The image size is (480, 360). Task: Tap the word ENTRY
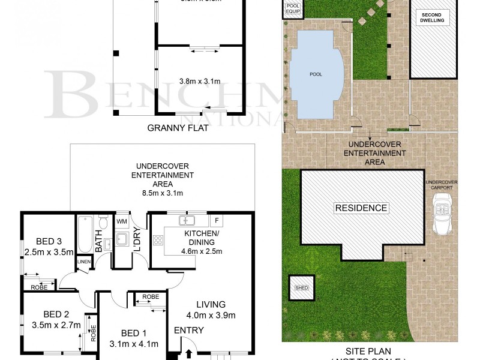(188, 330)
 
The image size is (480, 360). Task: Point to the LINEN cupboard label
(83, 262)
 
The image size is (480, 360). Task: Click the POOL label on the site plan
(316, 74)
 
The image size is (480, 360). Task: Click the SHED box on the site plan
(301, 288)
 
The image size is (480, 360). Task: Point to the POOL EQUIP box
(293, 8)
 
